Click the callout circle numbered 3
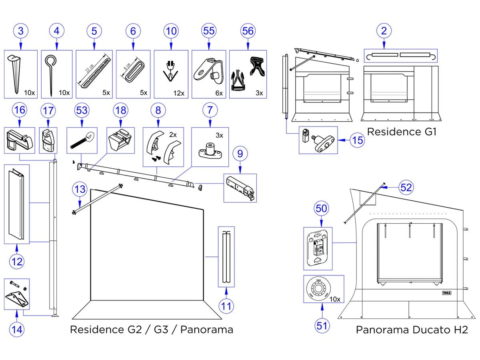[x=21, y=31]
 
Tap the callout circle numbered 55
[x=209, y=31]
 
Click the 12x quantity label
[x=179, y=93]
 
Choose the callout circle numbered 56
[x=248, y=31]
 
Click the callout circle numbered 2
[x=384, y=31]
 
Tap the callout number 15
[x=357, y=140]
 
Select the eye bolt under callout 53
[x=82, y=140]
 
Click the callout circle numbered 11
[x=226, y=306]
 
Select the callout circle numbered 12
[x=17, y=262]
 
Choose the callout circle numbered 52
[x=406, y=188]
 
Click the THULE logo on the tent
[x=446, y=292]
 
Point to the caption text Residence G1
[x=401, y=132]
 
